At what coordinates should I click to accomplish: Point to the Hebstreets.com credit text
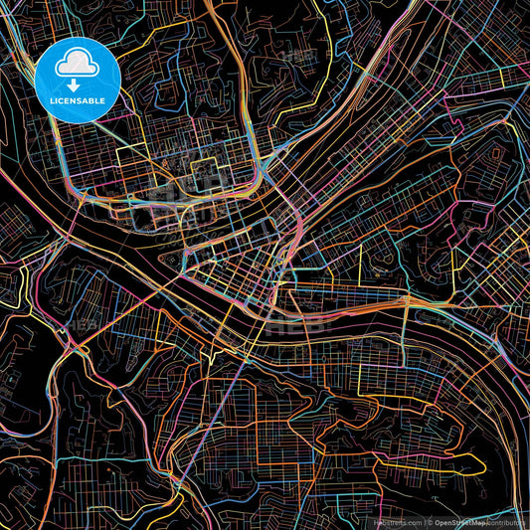pos(396,521)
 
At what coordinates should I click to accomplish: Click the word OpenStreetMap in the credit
pos(457,521)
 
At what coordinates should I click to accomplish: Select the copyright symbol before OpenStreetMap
pos(429,521)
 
